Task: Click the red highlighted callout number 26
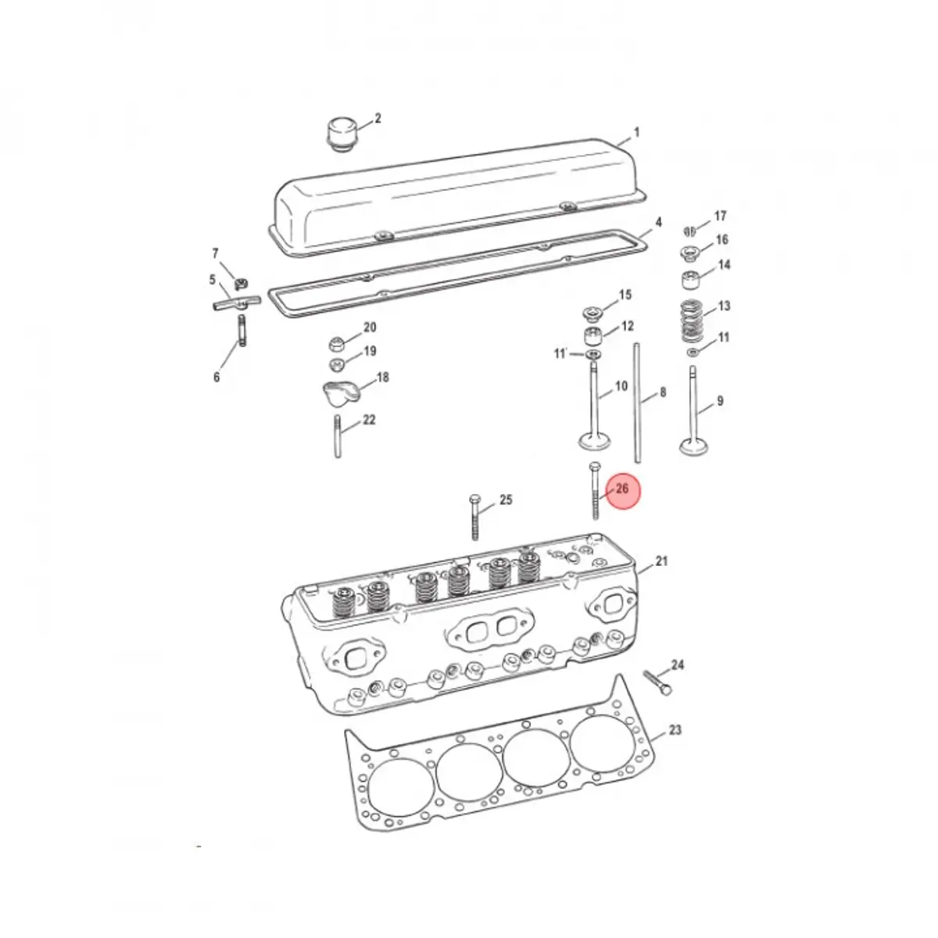[623, 489]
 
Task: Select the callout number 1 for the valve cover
[636, 133]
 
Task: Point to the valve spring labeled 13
[689, 320]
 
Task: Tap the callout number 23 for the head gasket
[675, 730]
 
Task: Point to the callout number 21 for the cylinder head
[662, 561]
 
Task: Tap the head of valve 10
[593, 442]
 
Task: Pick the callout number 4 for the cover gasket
[658, 223]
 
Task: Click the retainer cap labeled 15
[594, 316]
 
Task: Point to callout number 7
[216, 253]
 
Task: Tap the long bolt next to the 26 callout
[595, 492]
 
